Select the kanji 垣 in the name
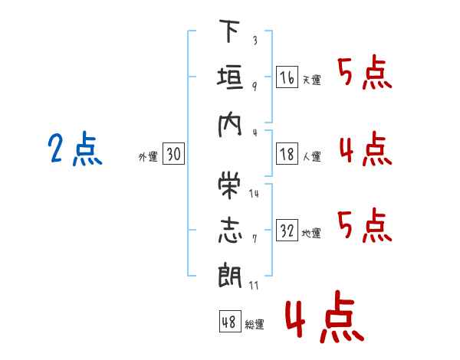click(229, 78)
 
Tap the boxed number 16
click(287, 77)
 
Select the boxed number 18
click(287, 154)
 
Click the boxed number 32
click(287, 231)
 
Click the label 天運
click(310, 80)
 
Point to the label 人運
click(310, 156)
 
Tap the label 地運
click(310, 233)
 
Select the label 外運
click(147, 156)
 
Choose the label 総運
click(255, 325)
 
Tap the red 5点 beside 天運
click(365, 74)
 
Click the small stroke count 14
click(254, 193)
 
